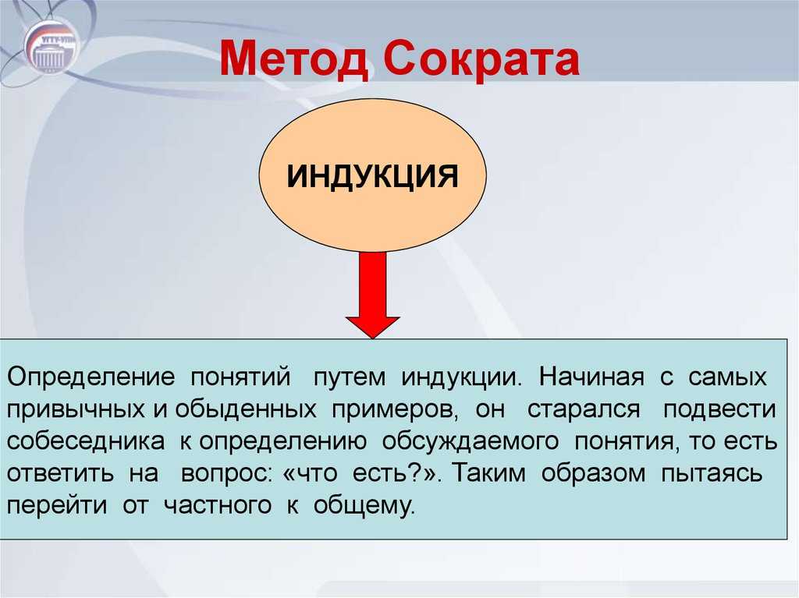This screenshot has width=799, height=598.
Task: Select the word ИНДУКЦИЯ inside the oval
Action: tap(372, 176)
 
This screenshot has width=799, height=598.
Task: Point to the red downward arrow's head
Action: tap(372, 327)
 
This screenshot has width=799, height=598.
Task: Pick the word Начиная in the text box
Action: tap(591, 377)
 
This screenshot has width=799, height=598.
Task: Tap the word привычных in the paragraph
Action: tap(76, 410)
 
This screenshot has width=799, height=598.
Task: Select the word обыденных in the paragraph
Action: tap(246, 409)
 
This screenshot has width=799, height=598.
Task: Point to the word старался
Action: tap(584, 409)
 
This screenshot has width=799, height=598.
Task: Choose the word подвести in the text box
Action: tap(719, 409)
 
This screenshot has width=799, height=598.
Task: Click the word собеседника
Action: tap(86, 441)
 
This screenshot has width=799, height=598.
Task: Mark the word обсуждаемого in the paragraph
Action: tap(471, 441)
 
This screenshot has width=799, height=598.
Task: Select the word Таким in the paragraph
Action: tap(489, 472)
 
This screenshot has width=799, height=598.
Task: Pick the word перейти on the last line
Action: tap(57, 505)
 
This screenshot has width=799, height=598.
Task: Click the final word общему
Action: tap(364, 504)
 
